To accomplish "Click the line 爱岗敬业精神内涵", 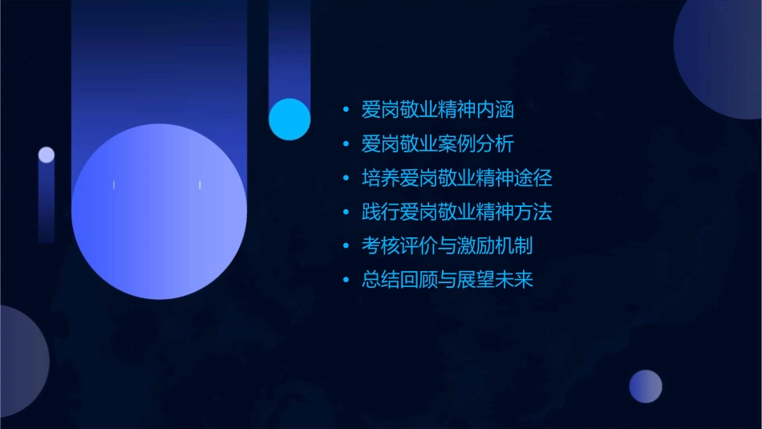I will pyautogui.click(x=438, y=110).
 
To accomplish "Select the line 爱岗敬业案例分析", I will pyautogui.click(x=438, y=144).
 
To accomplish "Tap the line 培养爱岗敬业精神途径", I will pyautogui.click(x=456, y=178).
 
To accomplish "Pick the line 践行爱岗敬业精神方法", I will pyautogui.click(x=456, y=212).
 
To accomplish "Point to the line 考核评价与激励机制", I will pyautogui.click(x=447, y=246).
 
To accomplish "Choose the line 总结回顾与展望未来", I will pyautogui.click(x=447, y=280).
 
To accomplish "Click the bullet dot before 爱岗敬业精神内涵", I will pyautogui.click(x=346, y=110).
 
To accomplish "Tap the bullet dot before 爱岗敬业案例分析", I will pyautogui.click(x=346, y=144).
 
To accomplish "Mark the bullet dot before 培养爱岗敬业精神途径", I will pyautogui.click(x=346, y=178).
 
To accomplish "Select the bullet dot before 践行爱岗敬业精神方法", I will pyautogui.click(x=346, y=212).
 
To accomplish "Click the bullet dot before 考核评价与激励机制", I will pyautogui.click(x=346, y=246).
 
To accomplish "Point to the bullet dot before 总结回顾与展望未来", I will pyautogui.click(x=346, y=281).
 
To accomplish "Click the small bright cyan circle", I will pyautogui.click(x=290, y=119).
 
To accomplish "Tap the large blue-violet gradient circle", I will pyautogui.click(x=159, y=211).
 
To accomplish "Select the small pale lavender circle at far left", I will pyautogui.click(x=47, y=155).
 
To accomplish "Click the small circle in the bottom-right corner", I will pyautogui.click(x=646, y=387).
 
